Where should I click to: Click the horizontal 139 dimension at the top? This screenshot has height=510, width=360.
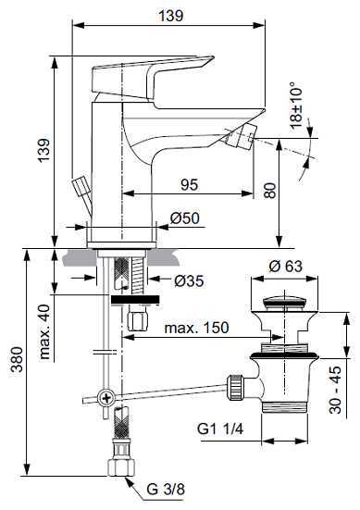pyautogui.click(x=170, y=16)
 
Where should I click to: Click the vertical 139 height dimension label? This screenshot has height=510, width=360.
pyautogui.click(x=43, y=150)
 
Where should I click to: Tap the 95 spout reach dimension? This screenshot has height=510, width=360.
pyautogui.click(x=189, y=185)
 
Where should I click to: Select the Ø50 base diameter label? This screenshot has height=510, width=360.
pyautogui.click(x=184, y=218)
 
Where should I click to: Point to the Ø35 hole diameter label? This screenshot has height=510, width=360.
pyautogui.click(x=190, y=280)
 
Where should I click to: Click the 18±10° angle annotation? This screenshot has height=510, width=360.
pyautogui.click(x=296, y=106)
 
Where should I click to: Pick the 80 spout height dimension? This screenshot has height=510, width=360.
pyautogui.click(x=270, y=191)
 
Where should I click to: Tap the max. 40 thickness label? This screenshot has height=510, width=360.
pyautogui.click(x=44, y=331)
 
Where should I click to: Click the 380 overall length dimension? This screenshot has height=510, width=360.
pyautogui.click(x=17, y=359)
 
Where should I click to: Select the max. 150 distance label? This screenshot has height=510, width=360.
pyautogui.click(x=196, y=328)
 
